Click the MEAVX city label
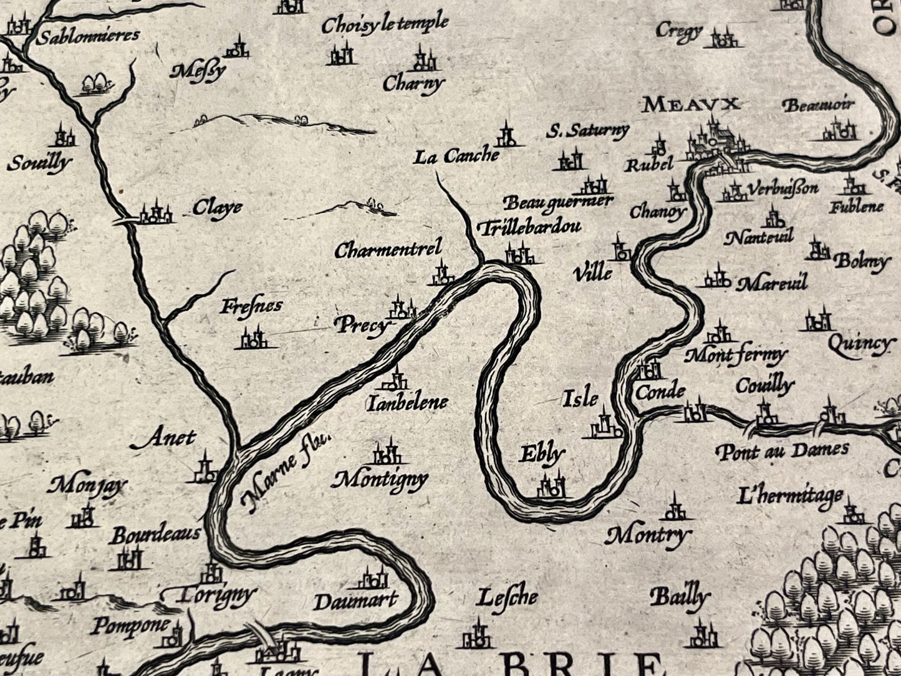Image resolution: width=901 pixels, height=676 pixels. click(x=691, y=104)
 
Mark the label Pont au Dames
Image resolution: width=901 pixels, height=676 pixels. click(x=782, y=450)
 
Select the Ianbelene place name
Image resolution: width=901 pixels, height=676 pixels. click(x=407, y=403)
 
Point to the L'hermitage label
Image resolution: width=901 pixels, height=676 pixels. click(x=789, y=496)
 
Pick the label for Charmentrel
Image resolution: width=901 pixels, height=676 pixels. click(x=388, y=250)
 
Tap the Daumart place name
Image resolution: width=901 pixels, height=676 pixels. click(x=355, y=601)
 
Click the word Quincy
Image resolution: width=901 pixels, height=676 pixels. click(x=859, y=344)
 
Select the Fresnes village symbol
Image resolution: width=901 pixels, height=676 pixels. click(x=253, y=339)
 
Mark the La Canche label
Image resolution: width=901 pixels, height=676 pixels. click(x=456, y=156)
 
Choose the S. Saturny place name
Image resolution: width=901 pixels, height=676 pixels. click(x=587, y=131)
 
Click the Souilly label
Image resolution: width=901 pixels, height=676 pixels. click(x=39, y=163)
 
